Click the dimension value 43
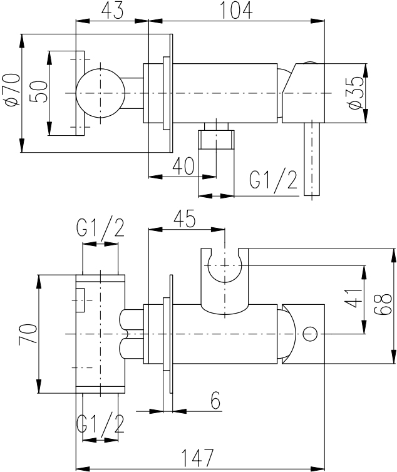(x=112, y=11)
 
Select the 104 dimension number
(x=237, y=11)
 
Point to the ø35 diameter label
(x=356, y=93)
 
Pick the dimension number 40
(x=183, y=166)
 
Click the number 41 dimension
(x=353, y=299)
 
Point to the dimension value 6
(x=215, y=400)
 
